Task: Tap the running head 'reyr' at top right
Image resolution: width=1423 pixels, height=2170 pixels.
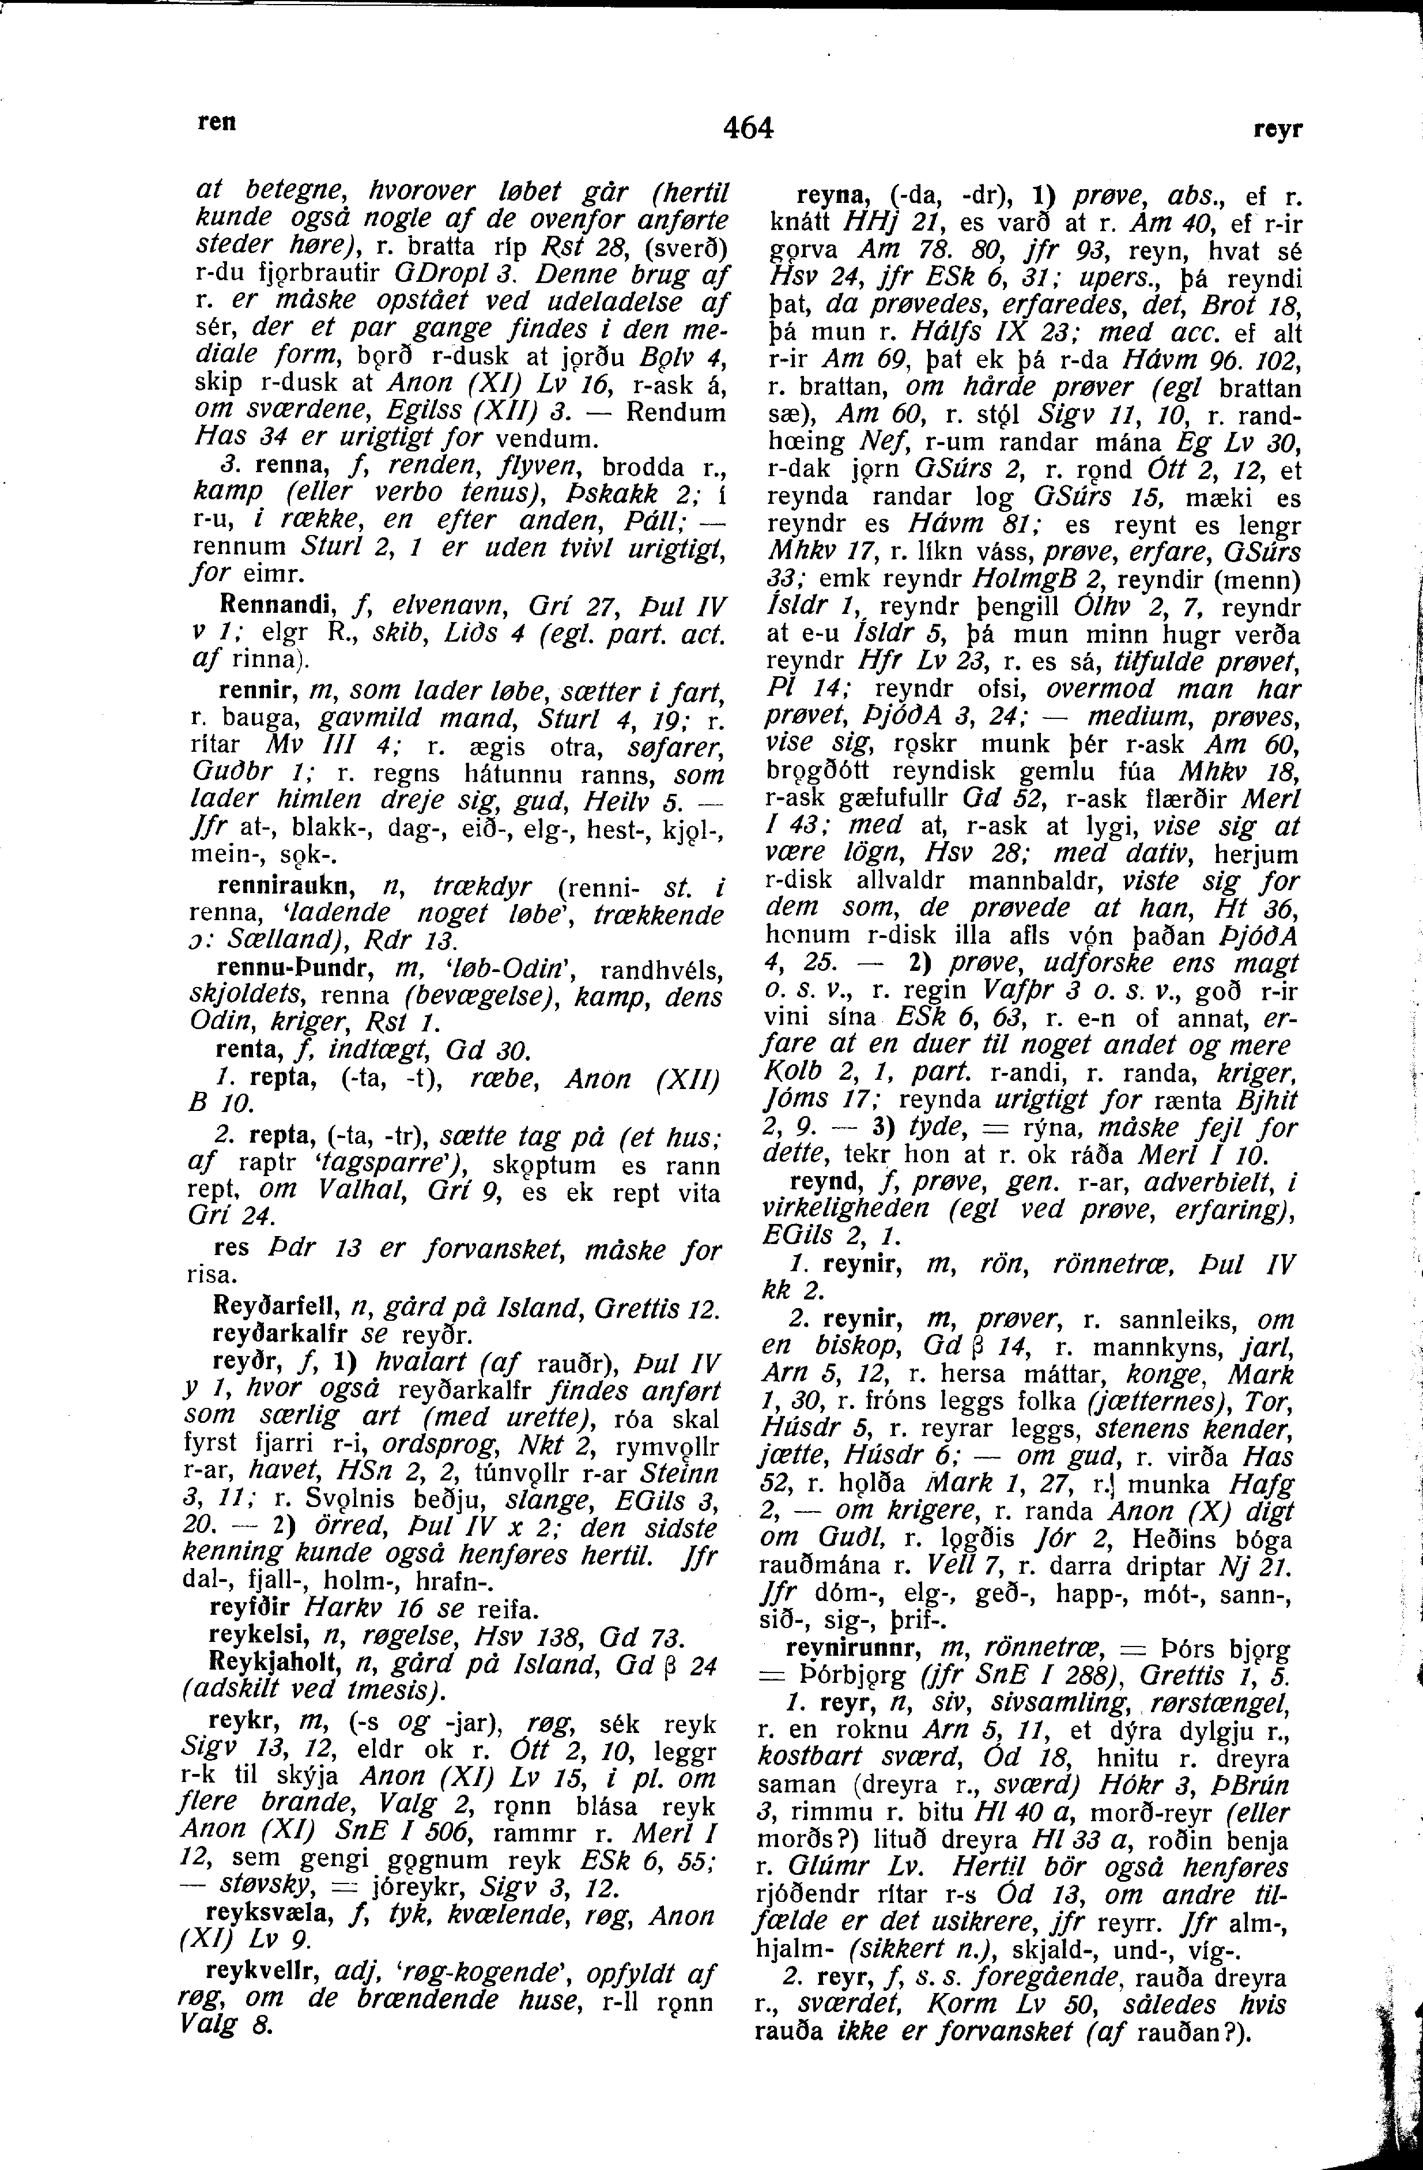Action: (x=1279, y=130)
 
